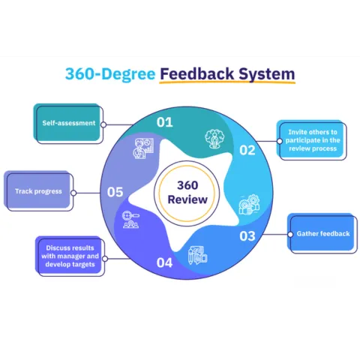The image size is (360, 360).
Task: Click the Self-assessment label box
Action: [x=67, y=123]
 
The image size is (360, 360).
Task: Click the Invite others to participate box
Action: [x=313, y=139]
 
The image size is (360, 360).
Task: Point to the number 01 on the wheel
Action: [x=164, y=121]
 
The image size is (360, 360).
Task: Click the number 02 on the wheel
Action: [x=247, y=150]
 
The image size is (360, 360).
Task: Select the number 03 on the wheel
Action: [x=247, y=236]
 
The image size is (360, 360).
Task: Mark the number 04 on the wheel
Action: [x=164, y=262]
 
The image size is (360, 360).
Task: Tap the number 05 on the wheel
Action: [x=115, y=192]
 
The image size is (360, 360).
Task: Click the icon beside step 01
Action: [x=142, y=148]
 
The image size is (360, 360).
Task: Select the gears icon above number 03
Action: [x=247, y=205]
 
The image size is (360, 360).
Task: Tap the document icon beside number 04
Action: [x=196, y=253]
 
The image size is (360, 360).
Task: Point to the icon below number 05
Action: [x=131, y=220]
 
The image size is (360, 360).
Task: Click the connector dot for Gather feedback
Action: [x=288, y=234]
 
